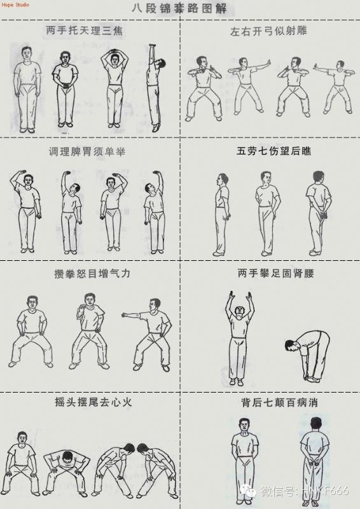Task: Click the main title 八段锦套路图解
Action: coord(179,10)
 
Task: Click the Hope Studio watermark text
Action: coord(15,5)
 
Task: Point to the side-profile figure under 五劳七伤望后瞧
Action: coord(221,213)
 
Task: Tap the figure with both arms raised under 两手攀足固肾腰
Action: coord(239,337)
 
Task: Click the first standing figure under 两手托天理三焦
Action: coord(27,89)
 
